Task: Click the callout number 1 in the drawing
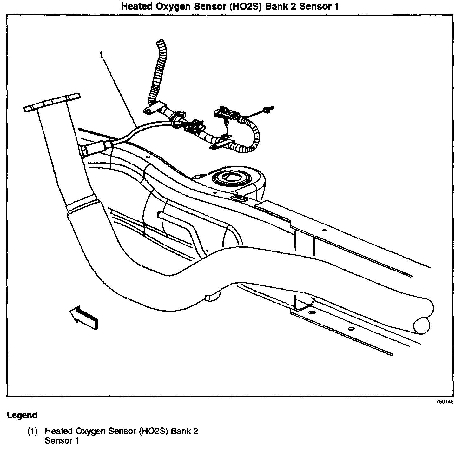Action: click(101, 55)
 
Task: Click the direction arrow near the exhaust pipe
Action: click(84, 317)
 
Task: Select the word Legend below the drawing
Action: click(22, 415)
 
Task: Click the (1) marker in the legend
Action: click(32, 431)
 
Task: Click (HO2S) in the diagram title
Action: click(242, 6)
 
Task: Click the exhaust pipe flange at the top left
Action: click(52, 102)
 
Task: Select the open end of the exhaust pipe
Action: click(421, 325)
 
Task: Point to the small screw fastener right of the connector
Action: click(267, 110)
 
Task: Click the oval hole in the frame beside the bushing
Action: click(239, 199)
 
